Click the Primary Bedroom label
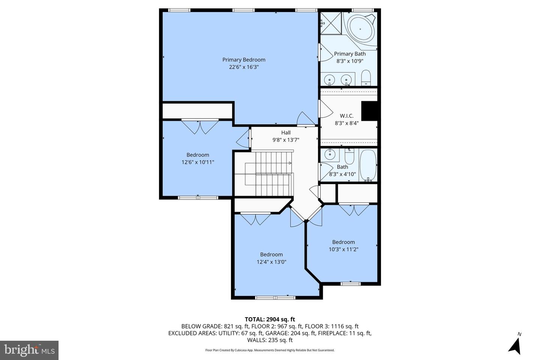coord(244,60)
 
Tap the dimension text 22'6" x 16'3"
coord(244,67)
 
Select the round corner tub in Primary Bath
coord(361,28)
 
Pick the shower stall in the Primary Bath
coord(330,23)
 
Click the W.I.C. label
coord(346,116)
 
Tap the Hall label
coord(286,132)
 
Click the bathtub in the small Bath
coord(368,165)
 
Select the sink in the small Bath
coord(330,154)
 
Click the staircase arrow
coord(289,163)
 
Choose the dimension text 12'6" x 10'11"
coord(198,162)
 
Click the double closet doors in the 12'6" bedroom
coord(200,127)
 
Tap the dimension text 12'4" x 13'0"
coord(271,262)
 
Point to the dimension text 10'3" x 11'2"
coord(343,249)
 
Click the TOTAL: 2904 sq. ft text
coord(270,319)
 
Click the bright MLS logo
coord(29,350)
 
